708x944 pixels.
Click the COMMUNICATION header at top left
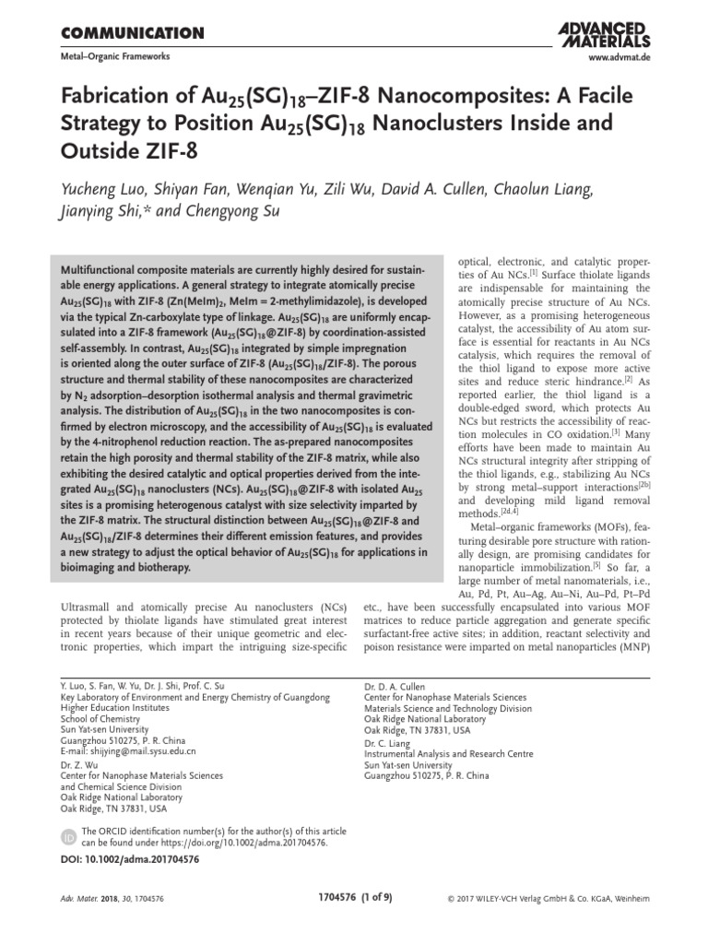pos(131,34)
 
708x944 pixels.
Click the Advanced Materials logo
pos(604,34)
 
